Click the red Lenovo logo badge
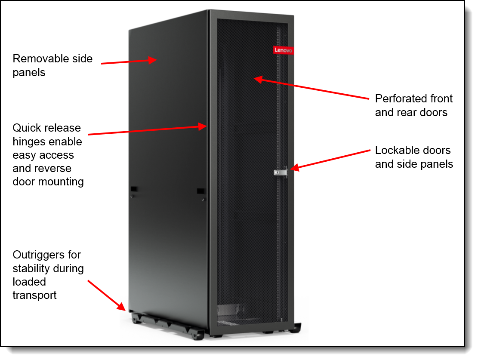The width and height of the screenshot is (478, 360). click(x=284, y=50)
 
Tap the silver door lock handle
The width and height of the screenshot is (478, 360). click(x=281, y=172)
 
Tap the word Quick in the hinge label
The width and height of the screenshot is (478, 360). click(x=25, y=128)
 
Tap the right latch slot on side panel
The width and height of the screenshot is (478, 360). click(x=200, y=191)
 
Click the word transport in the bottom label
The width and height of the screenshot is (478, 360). click(x=35, y=295)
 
